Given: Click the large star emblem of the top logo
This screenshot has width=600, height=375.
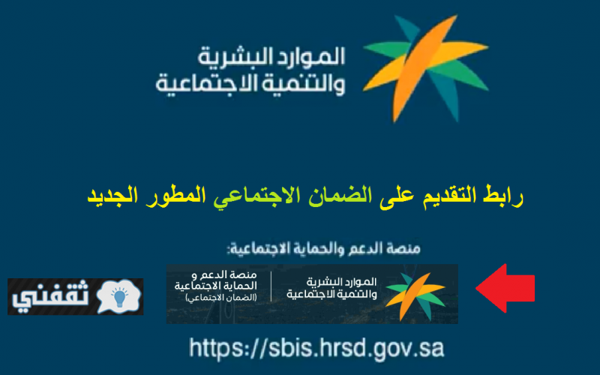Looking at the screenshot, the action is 425,69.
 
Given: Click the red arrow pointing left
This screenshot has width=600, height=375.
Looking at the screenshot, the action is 505,288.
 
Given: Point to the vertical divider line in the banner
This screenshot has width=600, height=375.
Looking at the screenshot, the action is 271,286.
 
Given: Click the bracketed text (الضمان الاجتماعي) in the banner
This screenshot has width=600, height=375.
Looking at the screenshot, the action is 221,298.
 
